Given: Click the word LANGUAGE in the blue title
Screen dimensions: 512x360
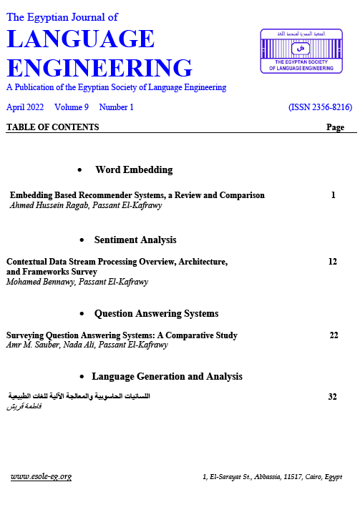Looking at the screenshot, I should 80,39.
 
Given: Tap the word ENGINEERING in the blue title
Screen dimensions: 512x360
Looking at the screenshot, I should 99,68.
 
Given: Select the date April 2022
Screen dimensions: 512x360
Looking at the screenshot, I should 25,107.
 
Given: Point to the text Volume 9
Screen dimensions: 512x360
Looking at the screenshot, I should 72,107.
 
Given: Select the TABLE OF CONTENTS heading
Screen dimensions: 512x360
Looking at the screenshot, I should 52,127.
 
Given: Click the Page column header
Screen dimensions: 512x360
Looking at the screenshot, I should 335,127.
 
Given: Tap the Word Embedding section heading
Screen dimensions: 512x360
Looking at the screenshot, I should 134,170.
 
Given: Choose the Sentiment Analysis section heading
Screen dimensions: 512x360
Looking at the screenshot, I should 135,240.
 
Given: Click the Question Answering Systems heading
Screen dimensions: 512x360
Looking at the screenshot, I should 156,314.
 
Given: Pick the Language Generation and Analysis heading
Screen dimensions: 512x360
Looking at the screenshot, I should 167,376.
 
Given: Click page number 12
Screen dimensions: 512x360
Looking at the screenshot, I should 333,262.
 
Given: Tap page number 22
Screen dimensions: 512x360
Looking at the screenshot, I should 334,335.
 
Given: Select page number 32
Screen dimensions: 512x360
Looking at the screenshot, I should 332,396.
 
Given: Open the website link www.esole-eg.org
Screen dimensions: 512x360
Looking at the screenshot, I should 41,477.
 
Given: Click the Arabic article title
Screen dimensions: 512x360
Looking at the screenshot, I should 79,396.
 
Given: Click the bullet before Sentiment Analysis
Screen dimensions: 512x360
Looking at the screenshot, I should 84,240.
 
